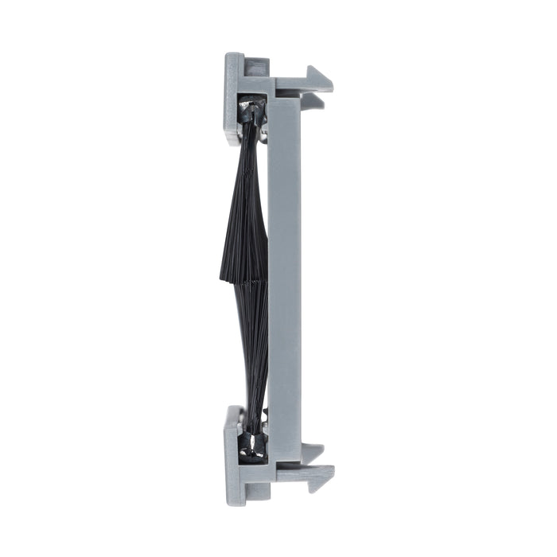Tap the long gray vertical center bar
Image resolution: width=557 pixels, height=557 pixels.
[285, 278]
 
